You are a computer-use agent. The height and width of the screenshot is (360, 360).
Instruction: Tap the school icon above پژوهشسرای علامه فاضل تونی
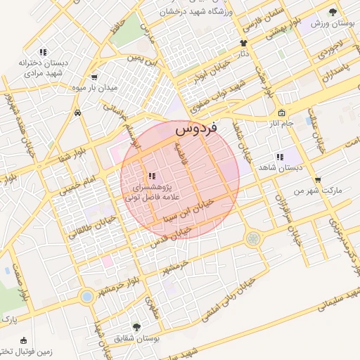150,176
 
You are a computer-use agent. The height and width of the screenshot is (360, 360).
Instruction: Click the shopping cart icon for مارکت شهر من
318,180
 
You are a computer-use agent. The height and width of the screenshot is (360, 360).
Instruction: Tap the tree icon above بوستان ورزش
333,12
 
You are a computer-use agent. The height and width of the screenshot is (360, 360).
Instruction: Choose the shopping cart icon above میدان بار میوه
94,77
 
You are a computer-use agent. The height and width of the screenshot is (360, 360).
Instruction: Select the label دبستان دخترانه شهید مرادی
44,67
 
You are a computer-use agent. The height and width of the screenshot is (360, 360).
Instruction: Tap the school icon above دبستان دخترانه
43,51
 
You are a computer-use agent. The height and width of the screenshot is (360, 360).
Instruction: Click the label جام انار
283,124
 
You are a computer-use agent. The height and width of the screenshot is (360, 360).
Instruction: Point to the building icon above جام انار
282,113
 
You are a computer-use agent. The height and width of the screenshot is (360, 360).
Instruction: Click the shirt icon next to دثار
243,44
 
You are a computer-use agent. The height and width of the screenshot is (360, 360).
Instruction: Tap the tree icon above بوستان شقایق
136,327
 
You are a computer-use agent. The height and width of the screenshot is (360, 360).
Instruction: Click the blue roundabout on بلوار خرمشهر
87,297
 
